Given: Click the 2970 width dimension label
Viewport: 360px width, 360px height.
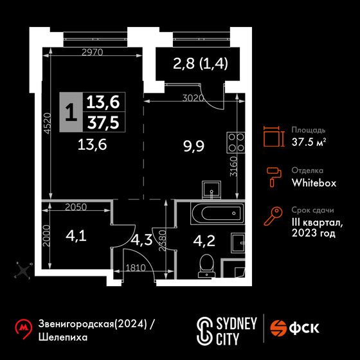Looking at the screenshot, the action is [x=93, y=53].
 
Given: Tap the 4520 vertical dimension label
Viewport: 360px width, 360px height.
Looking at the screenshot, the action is [x=48, y=123].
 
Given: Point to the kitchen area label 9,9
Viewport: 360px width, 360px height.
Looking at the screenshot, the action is [x=194, y=146].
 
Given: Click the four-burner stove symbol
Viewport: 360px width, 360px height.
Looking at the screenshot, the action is [x=235, y=143].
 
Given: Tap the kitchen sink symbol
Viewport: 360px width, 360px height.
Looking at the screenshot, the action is [x=212, y=190].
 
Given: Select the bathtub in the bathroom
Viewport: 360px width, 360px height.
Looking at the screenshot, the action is [x=217, y=213].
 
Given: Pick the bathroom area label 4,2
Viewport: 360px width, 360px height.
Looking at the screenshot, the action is [x=204, y=240].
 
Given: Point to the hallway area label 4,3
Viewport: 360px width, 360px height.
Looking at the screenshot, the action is [x=141, y=240].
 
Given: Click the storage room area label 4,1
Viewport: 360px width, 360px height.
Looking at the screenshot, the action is [x=76, y=236].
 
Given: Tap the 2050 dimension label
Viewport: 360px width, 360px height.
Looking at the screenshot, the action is [x=76, y=207].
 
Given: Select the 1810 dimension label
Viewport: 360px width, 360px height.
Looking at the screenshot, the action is [x=136, y=268].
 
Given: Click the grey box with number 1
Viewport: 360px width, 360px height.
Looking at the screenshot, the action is [x=71, y=112].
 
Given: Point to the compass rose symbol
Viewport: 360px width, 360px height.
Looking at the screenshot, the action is [x=23, y=271].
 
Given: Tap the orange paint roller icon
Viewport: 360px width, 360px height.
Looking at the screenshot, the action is [x=274, y=177].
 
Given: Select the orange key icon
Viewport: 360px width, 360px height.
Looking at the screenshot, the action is [x=273, y=216].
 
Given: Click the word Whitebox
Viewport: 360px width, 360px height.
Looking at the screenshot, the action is [x=314, y=183].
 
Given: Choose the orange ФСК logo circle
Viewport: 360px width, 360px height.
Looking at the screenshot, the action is [x=278, y=328].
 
